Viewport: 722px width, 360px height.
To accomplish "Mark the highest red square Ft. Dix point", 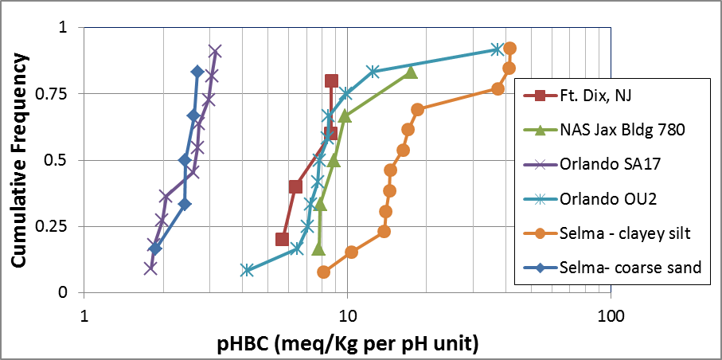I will [331, 80].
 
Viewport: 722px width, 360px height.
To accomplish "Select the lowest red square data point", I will [282, 239].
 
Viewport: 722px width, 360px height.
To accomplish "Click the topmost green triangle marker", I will [411, 72].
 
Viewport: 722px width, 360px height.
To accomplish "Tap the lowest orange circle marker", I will [323, 272].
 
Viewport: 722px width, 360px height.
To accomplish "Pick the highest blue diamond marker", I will [197, 72].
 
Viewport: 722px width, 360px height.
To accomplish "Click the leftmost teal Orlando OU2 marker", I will [247, 270].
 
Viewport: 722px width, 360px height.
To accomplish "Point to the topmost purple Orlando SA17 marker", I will [215, 51].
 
